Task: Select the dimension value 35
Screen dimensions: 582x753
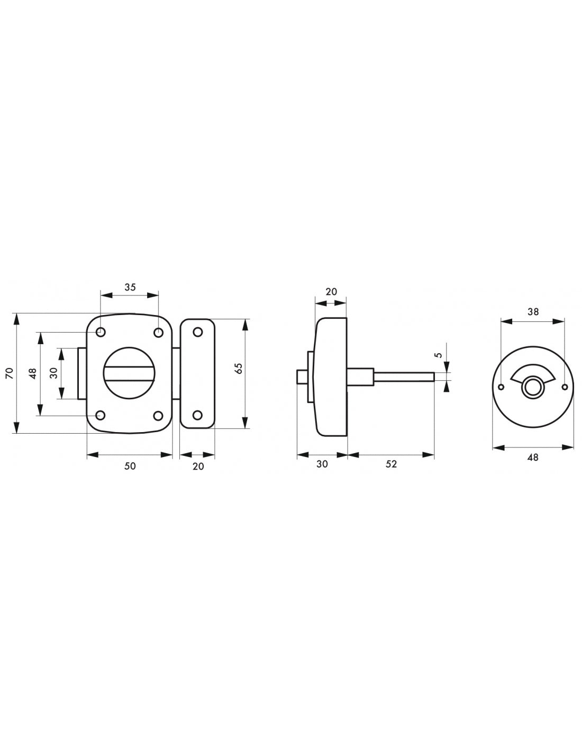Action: (130, 287)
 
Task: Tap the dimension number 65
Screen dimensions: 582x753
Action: (239, 369)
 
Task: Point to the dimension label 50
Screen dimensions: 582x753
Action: (130, 466)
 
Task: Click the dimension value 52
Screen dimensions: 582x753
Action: (391, 464)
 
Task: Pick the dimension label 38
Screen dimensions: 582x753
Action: (533, 312)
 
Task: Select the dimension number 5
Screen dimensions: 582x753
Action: (439, 355)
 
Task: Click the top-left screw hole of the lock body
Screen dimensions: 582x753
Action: (101, 333)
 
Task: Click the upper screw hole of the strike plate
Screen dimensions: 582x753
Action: (197, 333)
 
